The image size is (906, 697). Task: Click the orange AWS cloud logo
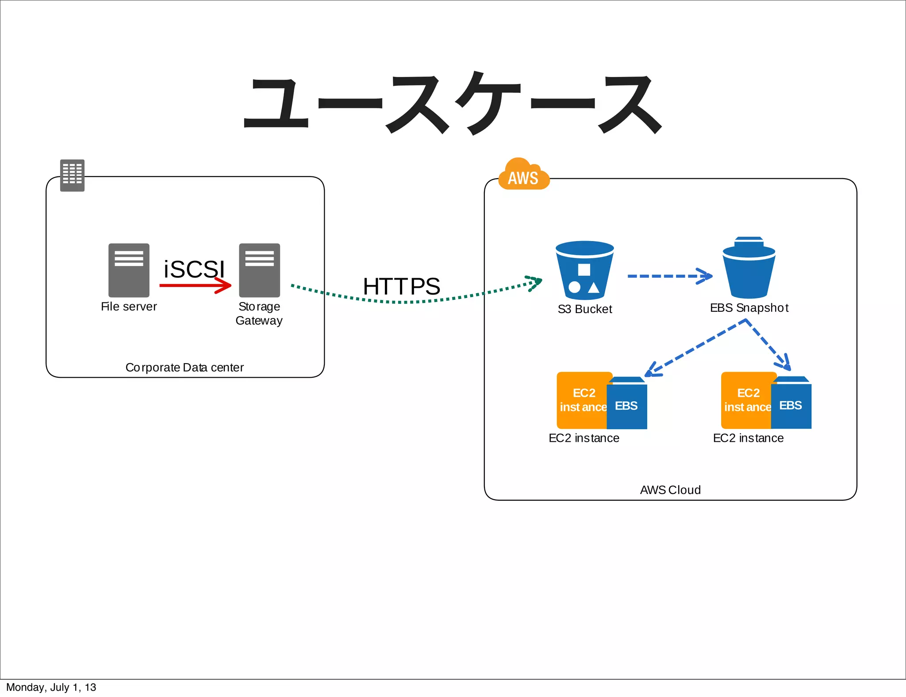[x=523, y=176]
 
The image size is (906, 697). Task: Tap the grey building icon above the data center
[x=72, y=175]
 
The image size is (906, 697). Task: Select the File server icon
[x=129, y=270]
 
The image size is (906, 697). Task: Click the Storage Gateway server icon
[x=260, y=270]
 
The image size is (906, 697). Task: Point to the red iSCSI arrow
[x=195, y=285]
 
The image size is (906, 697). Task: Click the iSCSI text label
[x=194, y=269]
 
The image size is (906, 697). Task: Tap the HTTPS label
[x=401, y=286]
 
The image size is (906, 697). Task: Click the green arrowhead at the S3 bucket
[x=534, y=282]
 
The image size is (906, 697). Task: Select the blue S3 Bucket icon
[x=584, y=270]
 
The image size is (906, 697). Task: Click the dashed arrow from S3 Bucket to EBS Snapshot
[x=669, y=276]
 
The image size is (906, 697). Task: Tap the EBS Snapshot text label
[x=749, y=308]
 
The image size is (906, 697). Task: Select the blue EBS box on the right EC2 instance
[x=791, y=405]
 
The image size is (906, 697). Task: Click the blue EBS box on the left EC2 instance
[x=627, y=405]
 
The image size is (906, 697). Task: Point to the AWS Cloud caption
[x=670, y=490]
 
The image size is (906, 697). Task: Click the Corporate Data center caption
[x=184, y=368]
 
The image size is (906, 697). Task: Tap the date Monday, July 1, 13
[x=51, y=687]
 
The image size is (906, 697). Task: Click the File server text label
[x=129, y=306]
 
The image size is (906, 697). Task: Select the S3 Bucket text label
[x=585, y=309]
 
